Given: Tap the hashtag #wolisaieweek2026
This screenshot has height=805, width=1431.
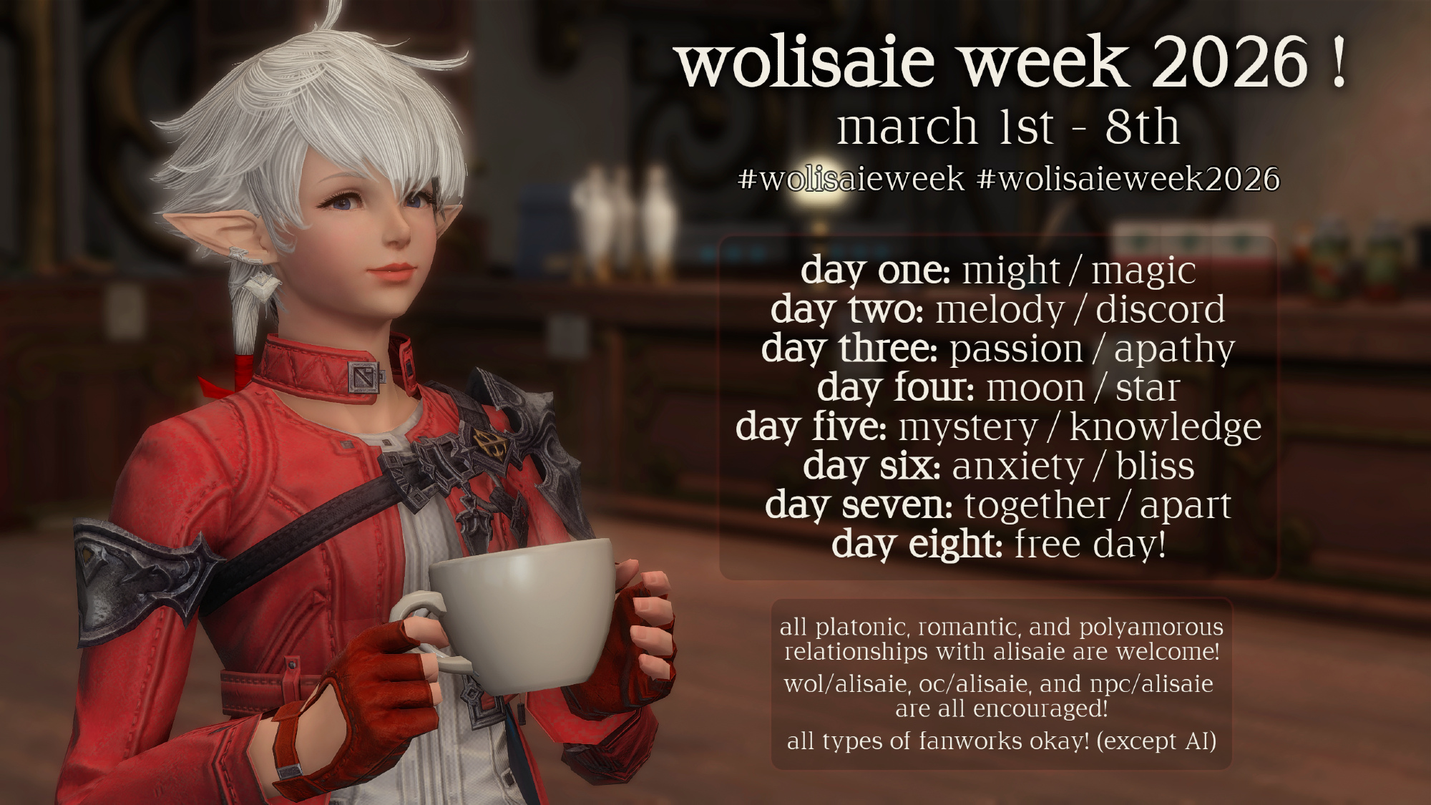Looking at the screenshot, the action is pos(1128,179).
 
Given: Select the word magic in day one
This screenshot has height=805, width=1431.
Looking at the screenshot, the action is pos(1143,272).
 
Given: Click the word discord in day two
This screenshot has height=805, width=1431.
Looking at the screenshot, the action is pos(1160,310).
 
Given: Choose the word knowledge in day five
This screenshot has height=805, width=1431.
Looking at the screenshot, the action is pos(1165,427).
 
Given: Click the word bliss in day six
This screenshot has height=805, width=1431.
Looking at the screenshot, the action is pos(1155,466).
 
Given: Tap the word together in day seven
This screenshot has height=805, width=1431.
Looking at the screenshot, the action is pos(1036,506).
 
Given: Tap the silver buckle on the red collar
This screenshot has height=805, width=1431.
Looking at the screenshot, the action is pos(366,376).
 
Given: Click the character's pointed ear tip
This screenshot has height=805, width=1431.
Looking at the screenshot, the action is pos(167,216).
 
